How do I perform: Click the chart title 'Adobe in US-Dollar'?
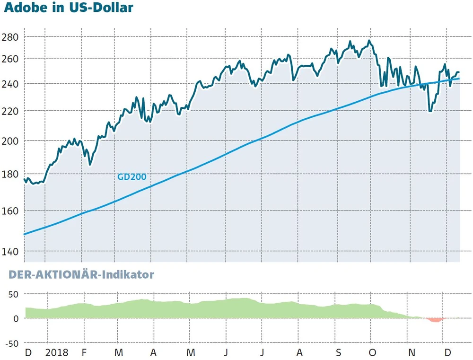[x=67, y=8]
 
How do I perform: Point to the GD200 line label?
[x=131, y=177]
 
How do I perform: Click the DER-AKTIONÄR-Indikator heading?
[x=79, y=275]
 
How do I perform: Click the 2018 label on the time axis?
[x=57, y=353]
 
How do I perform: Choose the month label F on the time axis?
[x=84, y=353]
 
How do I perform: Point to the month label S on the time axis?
[x=338, y=353]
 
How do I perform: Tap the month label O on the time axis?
[x=373, y=353]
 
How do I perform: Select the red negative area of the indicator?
[x=435, y=320]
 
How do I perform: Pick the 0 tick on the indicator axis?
[x=16, y=318]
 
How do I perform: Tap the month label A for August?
[x=299, y=353]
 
